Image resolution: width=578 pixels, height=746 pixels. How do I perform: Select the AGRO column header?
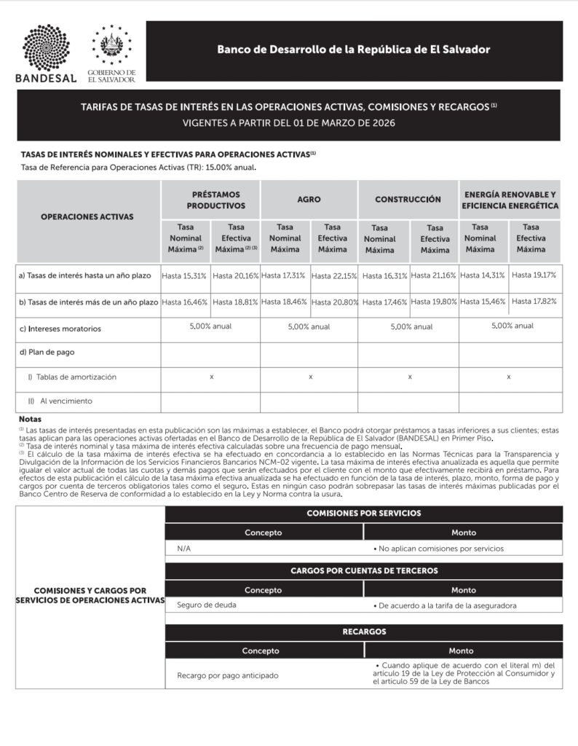click(x=309, y=199)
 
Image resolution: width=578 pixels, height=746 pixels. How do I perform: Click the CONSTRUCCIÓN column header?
click(x=408, y=199)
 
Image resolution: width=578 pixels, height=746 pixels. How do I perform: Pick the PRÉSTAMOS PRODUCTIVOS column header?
click(x=210, y=199)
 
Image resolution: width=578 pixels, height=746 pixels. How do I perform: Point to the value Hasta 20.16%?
click(x=235, y=276)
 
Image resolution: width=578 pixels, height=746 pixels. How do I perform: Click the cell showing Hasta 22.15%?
click(x=334, y=276)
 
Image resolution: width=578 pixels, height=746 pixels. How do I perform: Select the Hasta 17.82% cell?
click(x=534, y=301)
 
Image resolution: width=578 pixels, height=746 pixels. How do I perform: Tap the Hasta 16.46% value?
click(x=185, y=302)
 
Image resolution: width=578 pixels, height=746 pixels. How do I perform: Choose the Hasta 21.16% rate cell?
click(x=434, y=275)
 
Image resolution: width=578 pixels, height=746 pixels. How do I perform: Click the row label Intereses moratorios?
click(x=64, y=329)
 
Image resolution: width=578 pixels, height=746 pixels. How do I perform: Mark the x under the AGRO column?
click(x=311, y=377)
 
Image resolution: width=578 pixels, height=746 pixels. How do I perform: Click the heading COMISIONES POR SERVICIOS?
click(x=363, y=514)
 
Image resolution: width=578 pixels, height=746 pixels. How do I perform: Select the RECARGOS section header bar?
click(x=363, y=632)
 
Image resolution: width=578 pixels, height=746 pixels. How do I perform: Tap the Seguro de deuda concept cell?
click(x=207, y=605)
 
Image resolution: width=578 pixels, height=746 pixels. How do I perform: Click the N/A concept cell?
click(x=184, y=549)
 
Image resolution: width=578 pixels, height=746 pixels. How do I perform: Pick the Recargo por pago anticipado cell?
click(x=227, y=675)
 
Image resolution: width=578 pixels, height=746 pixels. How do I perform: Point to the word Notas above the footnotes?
click(x=31, y=420)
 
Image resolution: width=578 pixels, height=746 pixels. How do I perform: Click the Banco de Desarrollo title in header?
click(x=353, y=50)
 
